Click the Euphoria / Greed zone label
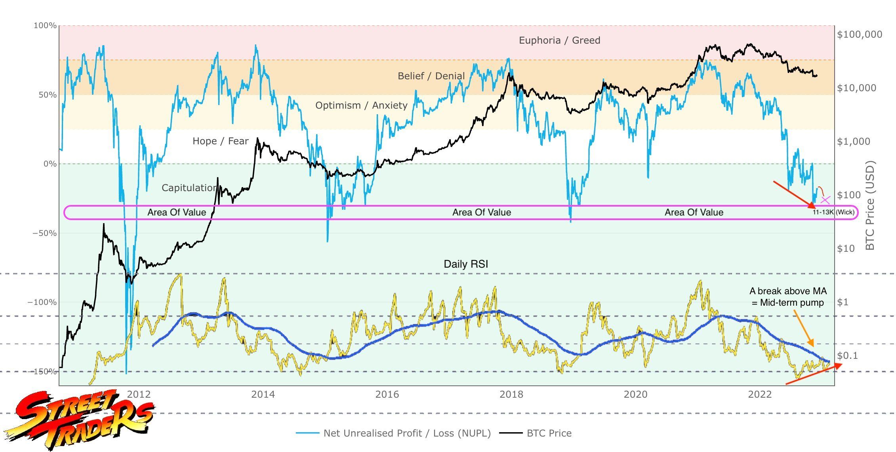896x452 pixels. [x=559, y=40]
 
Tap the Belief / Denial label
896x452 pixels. [x=431, y=76]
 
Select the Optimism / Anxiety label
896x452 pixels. [x=361, y=105]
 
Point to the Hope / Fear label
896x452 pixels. [x=220, y=141]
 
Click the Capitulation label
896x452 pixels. [x=189, y=188]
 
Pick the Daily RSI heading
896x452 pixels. [x=466, y=264]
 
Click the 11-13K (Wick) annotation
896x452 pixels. [x=833, y=212]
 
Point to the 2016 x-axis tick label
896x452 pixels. [x=387, y=395]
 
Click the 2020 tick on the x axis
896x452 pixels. [x=635, y=395]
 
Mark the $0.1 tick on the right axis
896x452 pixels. [x=847, y=356]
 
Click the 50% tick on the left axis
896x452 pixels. [x=47, y=95]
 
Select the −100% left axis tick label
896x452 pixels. [x=42, y=303]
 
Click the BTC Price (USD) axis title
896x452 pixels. [x=870, y=205]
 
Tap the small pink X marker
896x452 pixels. [x=825, y=200]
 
